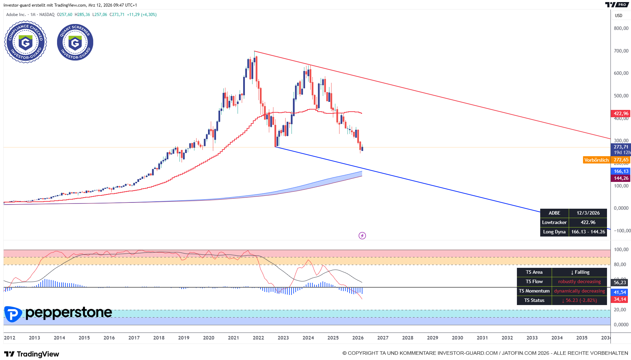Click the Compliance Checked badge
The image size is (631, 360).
[25, 42]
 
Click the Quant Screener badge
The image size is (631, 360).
[75, 42]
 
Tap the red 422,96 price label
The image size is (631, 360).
[621, 113]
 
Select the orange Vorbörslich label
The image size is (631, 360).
[596, 160]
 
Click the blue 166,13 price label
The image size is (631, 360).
[621, 171]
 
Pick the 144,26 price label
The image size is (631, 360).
[621, 178]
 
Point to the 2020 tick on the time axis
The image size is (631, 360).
[209, 338]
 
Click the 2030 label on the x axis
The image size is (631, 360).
[457, 338]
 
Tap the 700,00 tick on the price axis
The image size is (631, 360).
[621, 51]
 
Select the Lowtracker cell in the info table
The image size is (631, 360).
[554, 222]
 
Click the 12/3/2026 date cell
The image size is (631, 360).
[588, 213]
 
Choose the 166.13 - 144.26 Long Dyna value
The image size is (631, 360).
[588, 232]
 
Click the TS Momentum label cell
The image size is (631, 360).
[534, 291]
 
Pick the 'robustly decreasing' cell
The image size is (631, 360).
[579, 281]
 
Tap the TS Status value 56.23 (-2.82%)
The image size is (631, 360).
[579, 300]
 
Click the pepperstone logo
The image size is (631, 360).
[58, 313]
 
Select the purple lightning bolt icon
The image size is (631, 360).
[362, 236]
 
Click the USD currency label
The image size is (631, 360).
[618, 16]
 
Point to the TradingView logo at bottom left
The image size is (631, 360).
[32, 354]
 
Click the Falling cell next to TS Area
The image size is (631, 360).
[580, 272]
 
